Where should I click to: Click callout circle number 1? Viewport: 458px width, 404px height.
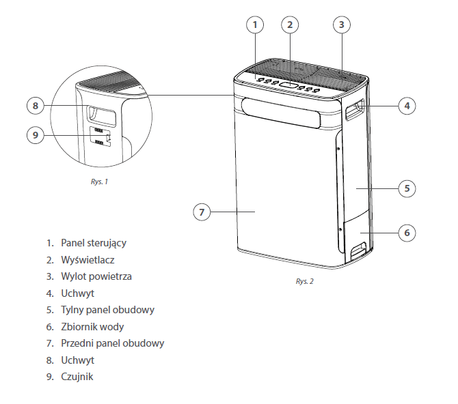tap(254, 25)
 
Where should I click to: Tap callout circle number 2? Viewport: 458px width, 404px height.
tap(290, 25)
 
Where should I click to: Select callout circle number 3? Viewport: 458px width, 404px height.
tap(342, 25)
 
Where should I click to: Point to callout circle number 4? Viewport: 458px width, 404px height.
tap(407, 106)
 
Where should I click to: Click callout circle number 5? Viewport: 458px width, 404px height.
tap(407, 188)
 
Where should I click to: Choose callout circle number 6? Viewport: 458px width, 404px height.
tap(407, 233)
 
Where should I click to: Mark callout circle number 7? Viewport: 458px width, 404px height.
tap(202, 212)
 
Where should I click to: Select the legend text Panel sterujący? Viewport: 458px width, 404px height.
tap(94, 243)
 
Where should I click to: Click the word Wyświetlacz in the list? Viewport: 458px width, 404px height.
tap(87, 260)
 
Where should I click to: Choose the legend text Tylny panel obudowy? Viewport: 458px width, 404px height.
tap(107, 310)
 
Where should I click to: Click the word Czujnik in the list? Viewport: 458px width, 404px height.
tap(77, 376)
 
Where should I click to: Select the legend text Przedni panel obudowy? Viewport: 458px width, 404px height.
tap(112, 343)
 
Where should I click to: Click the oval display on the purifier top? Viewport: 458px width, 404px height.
tap(290, 85)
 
